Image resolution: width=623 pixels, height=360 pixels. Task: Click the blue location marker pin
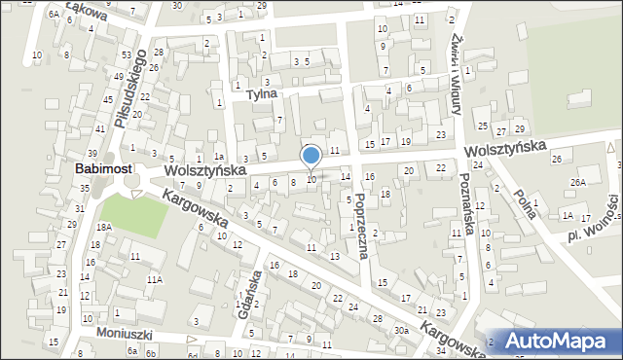[x=311, y=157]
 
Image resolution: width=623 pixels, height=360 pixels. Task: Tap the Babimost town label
[x=104, y=168]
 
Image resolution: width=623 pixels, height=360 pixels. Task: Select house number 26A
[x=578, y=182]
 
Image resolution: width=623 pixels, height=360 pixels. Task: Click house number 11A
[x=154, y=279]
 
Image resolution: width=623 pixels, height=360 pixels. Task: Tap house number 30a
[x=402, y=331]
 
